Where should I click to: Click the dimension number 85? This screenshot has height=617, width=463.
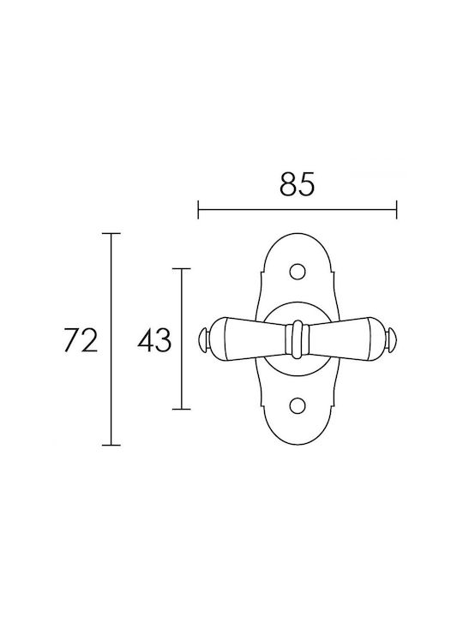pyautogui.click(x=298, y=183)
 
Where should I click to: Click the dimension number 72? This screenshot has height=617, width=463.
pyautogui.click(x=80, y=340)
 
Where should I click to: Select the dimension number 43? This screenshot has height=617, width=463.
pyautogui.click(x=154, y=340)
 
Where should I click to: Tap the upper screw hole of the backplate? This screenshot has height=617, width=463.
pyautogui.click(x=298, y=271)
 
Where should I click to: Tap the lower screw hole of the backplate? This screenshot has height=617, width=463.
pyautogui.click(x=298, y=405)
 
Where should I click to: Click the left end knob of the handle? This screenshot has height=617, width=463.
pyautogui.click(x=202, y=338)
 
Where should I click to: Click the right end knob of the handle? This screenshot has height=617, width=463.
pyautogui.click(x=392, y=338)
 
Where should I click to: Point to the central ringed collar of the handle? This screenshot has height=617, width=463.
pyautogui.click(x=298, y=338)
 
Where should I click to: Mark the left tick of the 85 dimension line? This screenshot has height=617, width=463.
pyautogui.click(x=198, y=209)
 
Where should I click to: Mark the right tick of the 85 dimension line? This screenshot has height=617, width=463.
pyautogui.click(x=396, y=209)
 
